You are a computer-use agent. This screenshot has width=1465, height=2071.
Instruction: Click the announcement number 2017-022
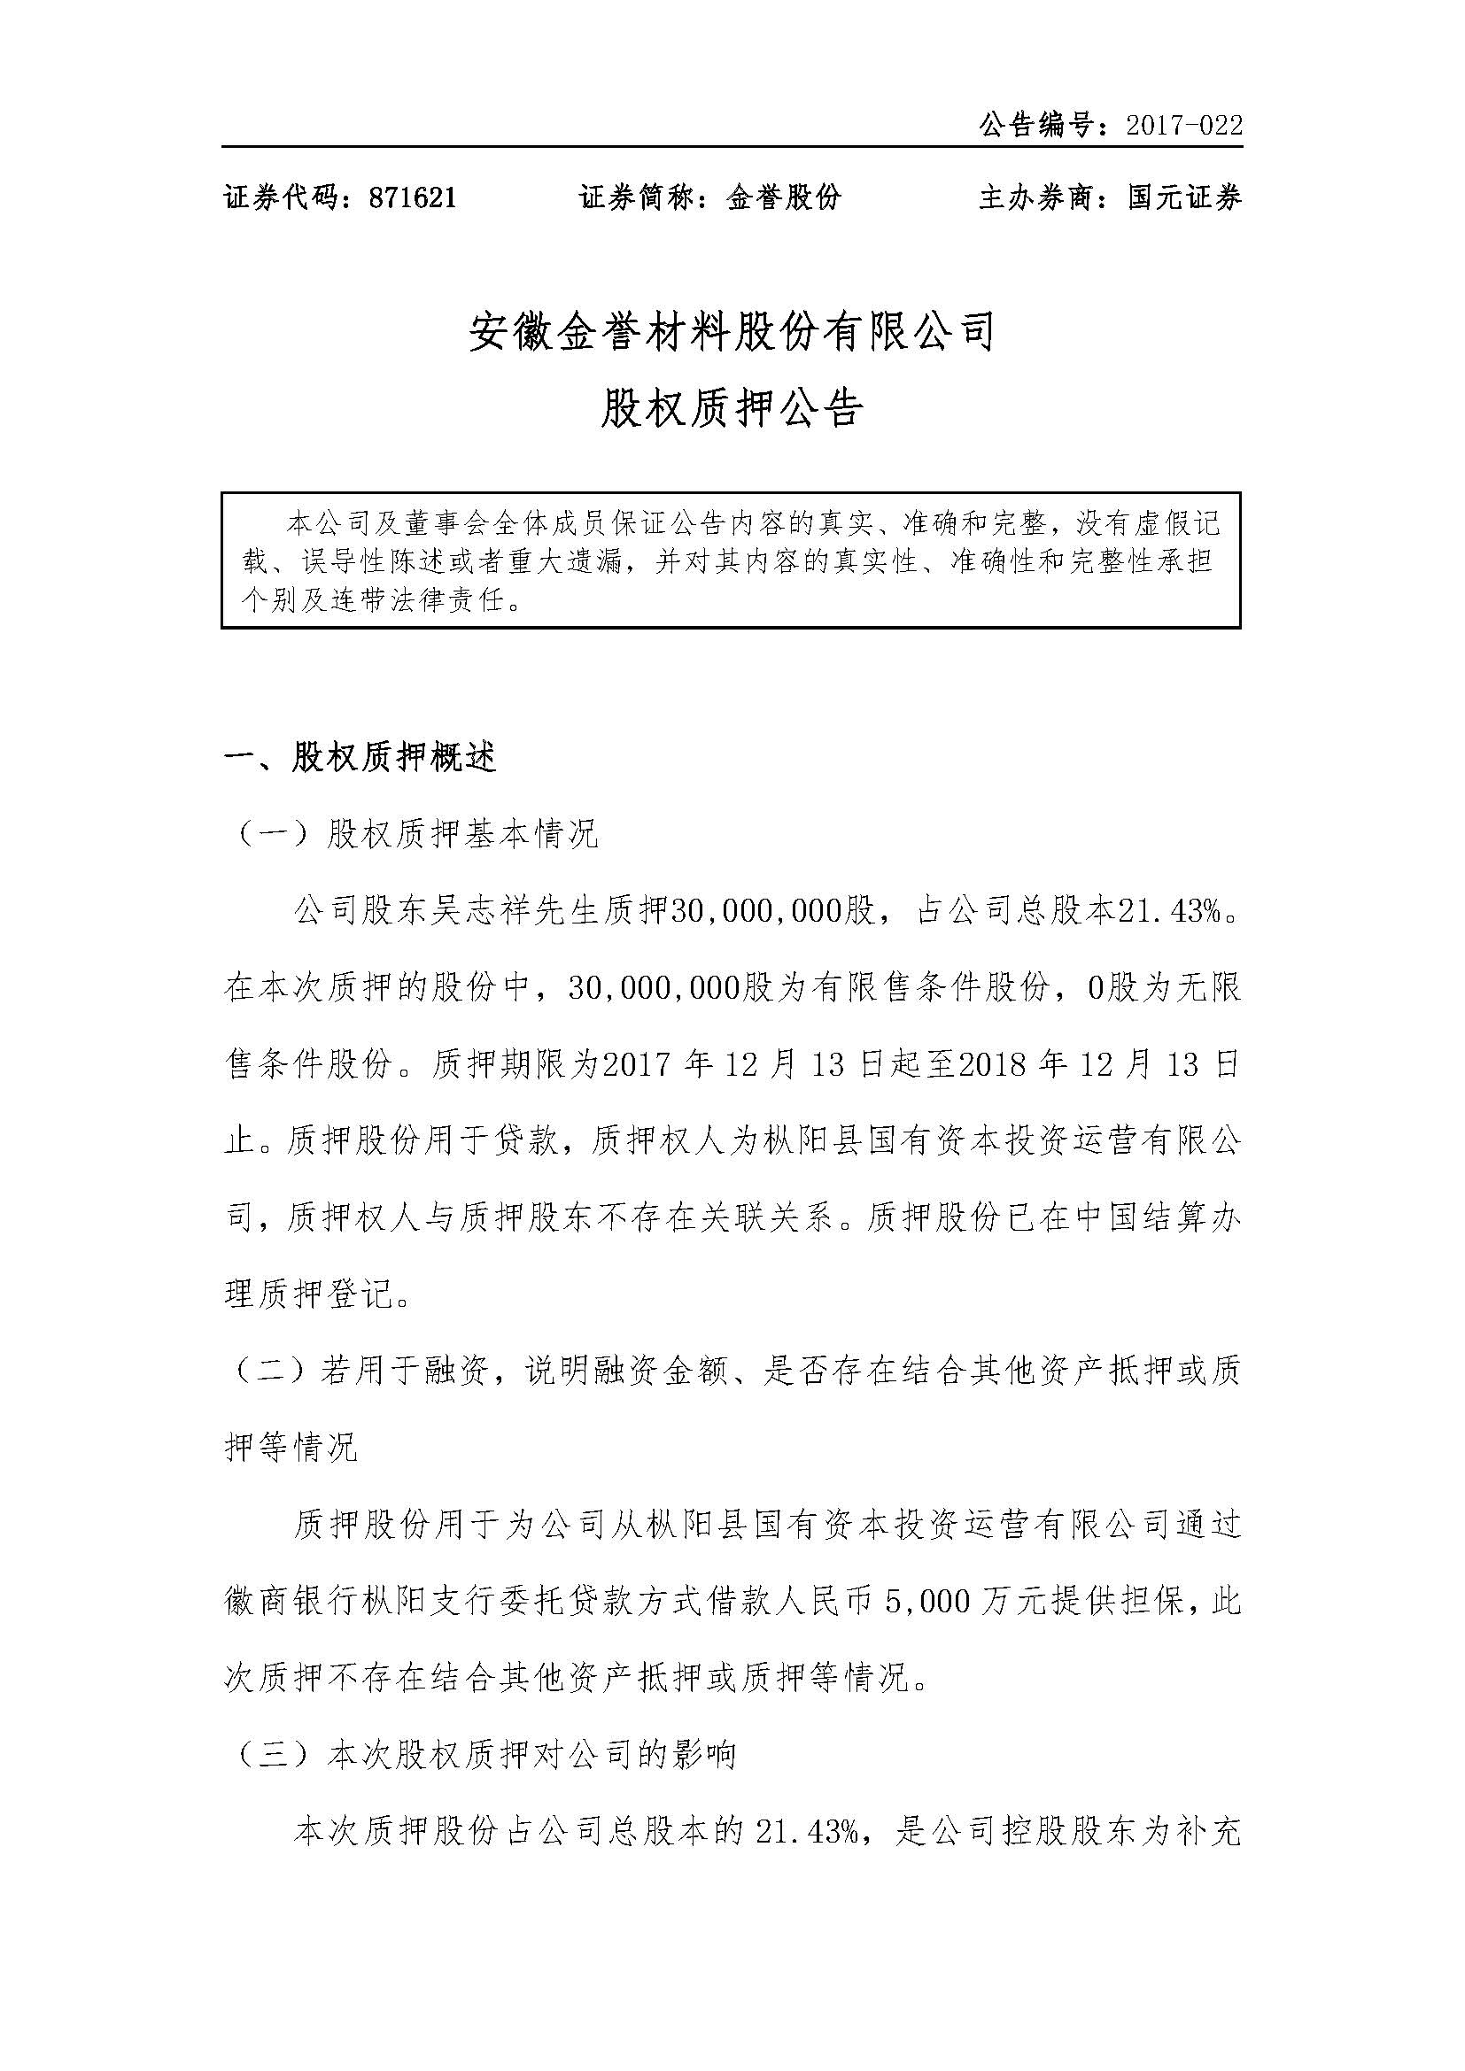click(x=1183, y=126)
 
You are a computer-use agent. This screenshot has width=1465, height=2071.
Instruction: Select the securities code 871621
click(x=412, y=197)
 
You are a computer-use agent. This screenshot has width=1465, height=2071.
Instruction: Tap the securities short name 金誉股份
click(x=783, y=197)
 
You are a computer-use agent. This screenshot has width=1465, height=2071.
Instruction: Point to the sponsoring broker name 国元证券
click(x=1183, y=197)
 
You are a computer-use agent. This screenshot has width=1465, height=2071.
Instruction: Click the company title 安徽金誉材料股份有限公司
click(x=732, y=332)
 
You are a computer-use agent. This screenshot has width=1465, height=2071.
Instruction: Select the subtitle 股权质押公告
click(x=732, y=408)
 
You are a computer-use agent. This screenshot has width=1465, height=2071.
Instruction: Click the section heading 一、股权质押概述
click(x=360, y=759)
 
